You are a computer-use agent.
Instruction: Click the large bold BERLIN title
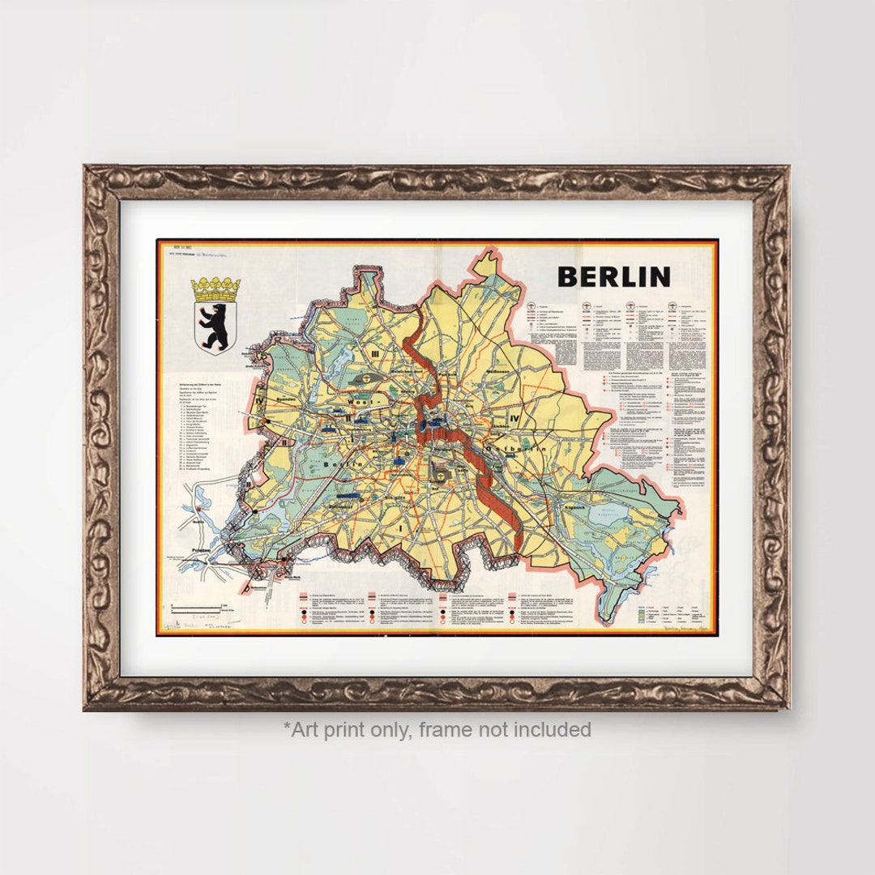[613, 277]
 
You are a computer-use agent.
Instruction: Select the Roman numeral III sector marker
[374, 353]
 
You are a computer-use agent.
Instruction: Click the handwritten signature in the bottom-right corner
[685, 628]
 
